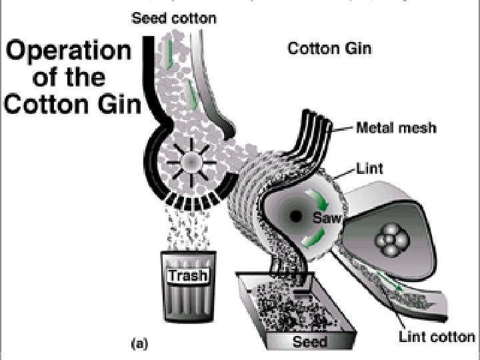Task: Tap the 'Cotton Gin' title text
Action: [x=329, y=49]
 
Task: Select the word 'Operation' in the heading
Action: [x=69, y=51]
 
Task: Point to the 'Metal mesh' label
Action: [x=397, y=127]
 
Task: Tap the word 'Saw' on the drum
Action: [x=325, y=216]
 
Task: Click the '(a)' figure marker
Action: [x=139, y=344]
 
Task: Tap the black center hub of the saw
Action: [x=295, y=215]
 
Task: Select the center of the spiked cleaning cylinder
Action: [x=189, y=161]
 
